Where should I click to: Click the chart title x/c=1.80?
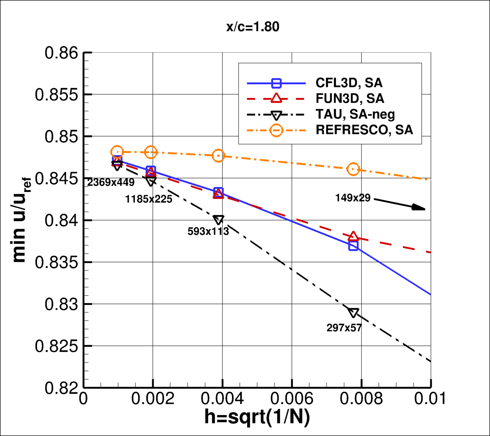click(x=253, y=27)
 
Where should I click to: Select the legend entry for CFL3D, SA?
click(x=349, y=83)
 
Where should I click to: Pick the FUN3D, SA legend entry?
click(x=350, y=98)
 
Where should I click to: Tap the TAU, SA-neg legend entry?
click(x=355, y=114)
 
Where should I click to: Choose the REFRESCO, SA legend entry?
click(x=364, y=130)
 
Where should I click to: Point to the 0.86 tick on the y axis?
click(x=61, y=53)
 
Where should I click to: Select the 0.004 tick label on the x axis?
click(x=223, y=398)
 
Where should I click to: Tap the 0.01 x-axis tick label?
click(x=430, y=398)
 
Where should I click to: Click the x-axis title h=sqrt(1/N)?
click(x=257, y=417)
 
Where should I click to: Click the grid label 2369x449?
click(x=111, y=183)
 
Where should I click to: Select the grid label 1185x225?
click(x=149, y=199)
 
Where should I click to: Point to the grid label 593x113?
click(x=208, y=231)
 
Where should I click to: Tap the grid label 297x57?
click(x=344, y=328)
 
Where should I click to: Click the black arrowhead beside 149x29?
click(x=419, y=208)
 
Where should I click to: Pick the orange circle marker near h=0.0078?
click(x=353, y=169)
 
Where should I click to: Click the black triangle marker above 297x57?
click(x=353, y=313)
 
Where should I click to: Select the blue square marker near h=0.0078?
click(x=353, y=246)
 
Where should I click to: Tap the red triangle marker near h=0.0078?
click(x=353, y=237)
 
